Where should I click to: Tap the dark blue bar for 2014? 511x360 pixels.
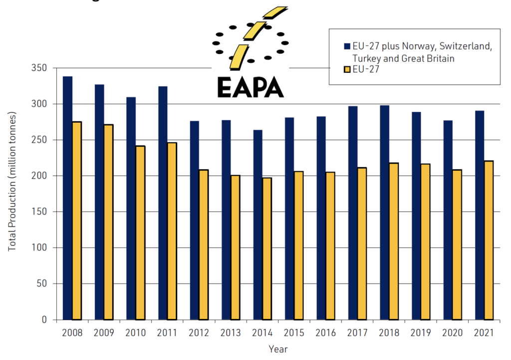click(x=258, y=225)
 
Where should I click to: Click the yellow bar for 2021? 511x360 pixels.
click(x=489, y=240)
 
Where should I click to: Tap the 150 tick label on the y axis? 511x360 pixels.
click(x=46, y=212)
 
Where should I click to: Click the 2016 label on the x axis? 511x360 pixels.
click(x=326, y=332)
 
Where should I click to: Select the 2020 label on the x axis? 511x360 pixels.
click(x=452, y=332)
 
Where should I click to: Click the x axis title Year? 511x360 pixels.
click(x=277, y=350)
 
